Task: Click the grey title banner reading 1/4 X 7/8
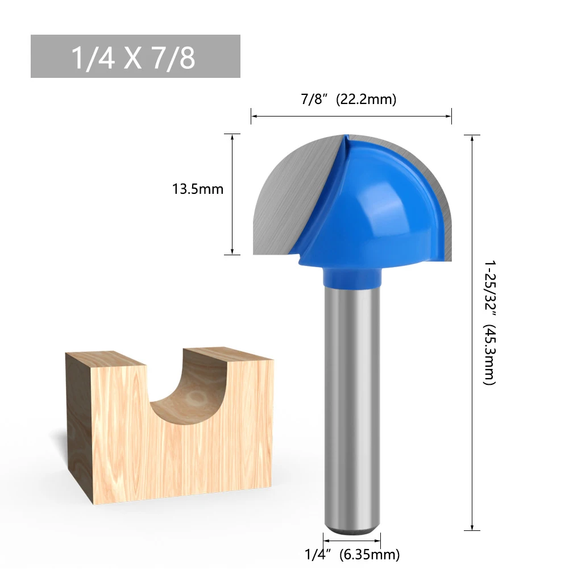(x=135, y=56)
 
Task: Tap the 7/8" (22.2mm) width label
(x=348, y=99)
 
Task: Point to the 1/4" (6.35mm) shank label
(x=351, y=554)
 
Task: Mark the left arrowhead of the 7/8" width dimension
(x=254, y=116)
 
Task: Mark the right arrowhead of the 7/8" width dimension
(x=449, y=116)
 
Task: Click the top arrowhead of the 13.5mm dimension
(x=232, y=137)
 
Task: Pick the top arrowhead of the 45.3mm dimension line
(x=472, y=138)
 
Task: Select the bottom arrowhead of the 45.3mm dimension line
(x=472, y=528)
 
